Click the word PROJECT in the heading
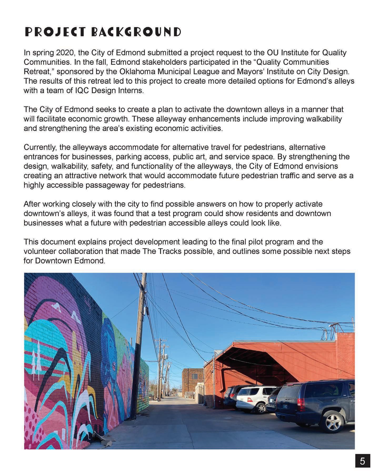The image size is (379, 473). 55,32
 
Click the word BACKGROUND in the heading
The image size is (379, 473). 136,32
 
